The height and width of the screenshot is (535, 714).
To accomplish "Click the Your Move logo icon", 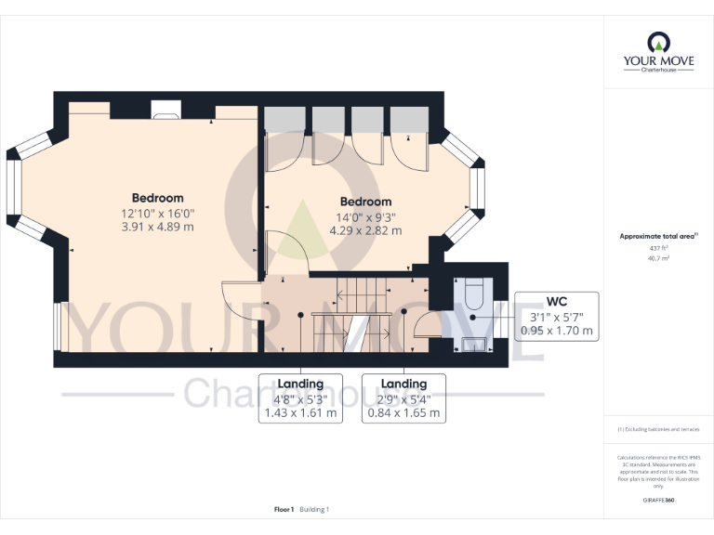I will pyautogui.click(x=658, y=42).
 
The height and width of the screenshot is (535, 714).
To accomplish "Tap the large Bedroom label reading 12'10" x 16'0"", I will pyautogui.click(x=157, y=198).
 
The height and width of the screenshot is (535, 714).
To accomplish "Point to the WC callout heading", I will pyautogui.click(x=557, y=301).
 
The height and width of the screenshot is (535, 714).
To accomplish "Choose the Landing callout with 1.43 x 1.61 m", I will pyautogui.click(x=300, y=398).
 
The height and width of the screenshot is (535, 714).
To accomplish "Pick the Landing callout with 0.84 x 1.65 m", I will pyautogui.click(x=403, y=398).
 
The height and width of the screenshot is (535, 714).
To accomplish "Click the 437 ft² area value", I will pyautogui.click(x=658, y=248).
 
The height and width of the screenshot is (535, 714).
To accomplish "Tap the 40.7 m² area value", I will pyautogui.click(x=658, y=258).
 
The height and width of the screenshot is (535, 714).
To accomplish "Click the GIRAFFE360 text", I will pyautogui.click(x=658, y=500).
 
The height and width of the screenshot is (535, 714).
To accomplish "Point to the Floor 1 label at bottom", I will pyautogui.click(x=284, y=509).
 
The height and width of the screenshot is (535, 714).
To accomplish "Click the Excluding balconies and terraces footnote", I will pyautogui.click(x=658, y=429).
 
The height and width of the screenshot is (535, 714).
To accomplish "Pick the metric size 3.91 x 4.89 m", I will pyautogui.click(x=157, y=227).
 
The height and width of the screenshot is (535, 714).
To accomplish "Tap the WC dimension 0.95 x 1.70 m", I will pyautogui.click(x=557, y=330).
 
